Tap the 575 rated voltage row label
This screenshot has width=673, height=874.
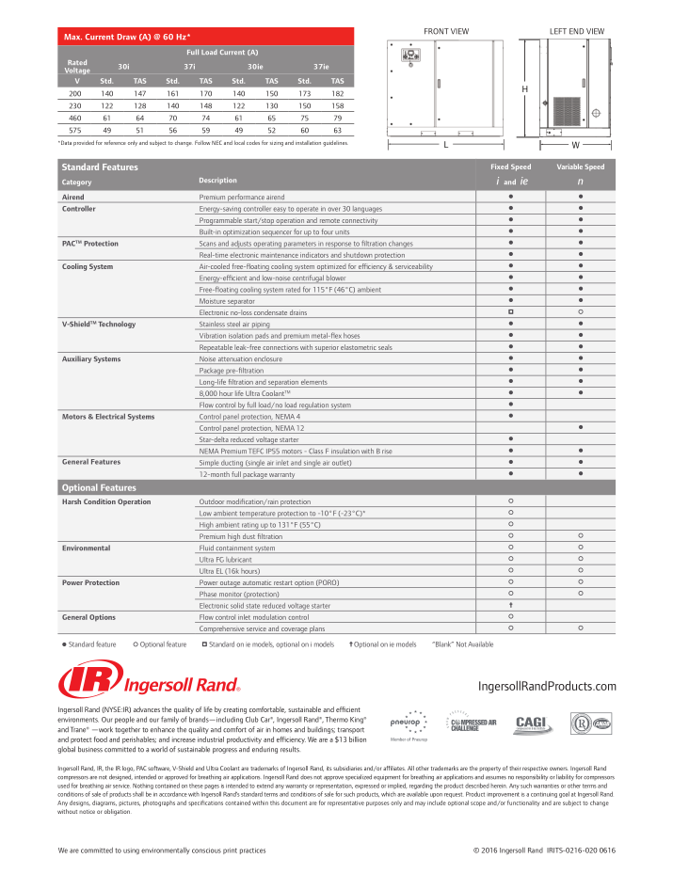coord(76,131)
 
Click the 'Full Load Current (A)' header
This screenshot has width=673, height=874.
coord(222,52)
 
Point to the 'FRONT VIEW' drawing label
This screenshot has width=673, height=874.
coord(446,31)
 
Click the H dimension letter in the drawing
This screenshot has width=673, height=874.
coord(524,88)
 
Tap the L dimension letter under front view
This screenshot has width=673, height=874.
coord(446,146)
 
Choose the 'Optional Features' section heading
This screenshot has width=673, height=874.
coord(99,488)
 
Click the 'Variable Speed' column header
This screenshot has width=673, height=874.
coord(580,167)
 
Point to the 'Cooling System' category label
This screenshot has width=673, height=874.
coord(88,266)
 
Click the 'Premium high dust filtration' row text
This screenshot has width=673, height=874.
coord(242,535)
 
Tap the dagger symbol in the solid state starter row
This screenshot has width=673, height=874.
coord(509,606)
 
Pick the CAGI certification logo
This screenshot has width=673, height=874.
coord(527,725)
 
